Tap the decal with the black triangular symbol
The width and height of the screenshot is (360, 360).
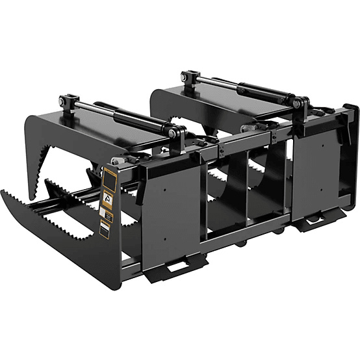pos(108,195)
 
